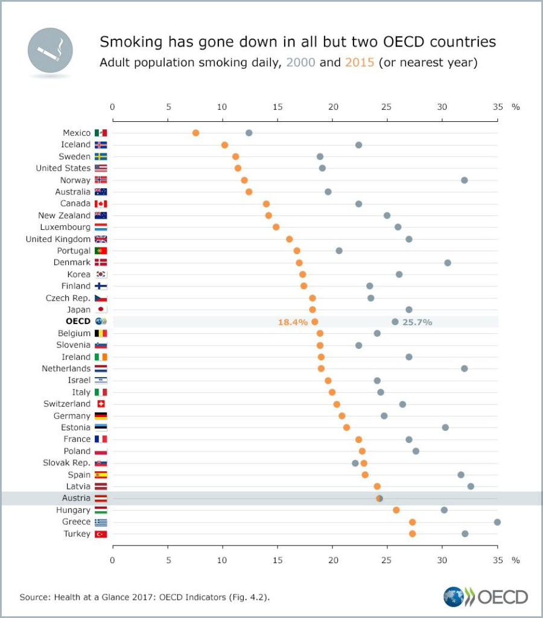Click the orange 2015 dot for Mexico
point(195,133)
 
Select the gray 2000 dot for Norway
point(464,180)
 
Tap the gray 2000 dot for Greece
point(497,522)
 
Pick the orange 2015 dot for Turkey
point(412,534)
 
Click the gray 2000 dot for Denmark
point(447,263)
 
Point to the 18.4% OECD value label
point(293,322)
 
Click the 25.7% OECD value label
point(418,322)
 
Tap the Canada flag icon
point(101,203)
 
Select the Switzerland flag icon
point(101,404)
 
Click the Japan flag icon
point(101,310)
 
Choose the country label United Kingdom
point(58,239)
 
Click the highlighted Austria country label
point(76,498)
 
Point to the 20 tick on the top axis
point(332,107)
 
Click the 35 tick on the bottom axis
point(497,560)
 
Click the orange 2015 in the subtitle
point(360,63)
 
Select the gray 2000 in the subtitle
point(300,63)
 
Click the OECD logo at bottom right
point(486,597)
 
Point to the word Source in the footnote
point(34,597)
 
